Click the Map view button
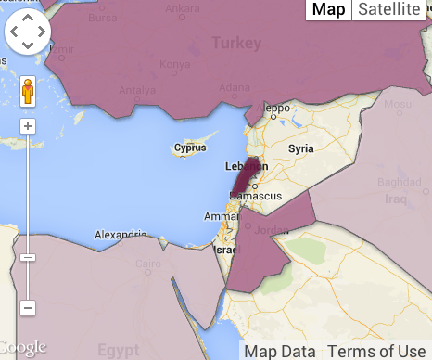328,9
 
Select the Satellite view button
388,9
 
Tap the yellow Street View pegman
29,92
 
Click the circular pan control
29,34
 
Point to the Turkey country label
237,43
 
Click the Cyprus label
189,148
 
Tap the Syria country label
301,148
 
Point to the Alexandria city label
121,235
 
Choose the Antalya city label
138,90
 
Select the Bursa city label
103,17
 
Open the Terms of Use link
376,351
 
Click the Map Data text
279,351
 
